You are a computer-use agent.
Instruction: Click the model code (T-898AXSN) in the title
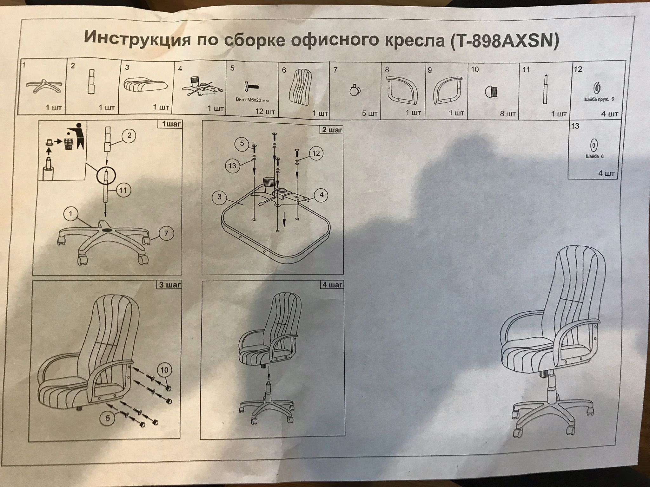(504, 42)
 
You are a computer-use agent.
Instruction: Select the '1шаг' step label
(171, 124)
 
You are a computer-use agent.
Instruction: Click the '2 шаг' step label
(332, 130)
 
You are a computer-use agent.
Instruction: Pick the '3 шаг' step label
(170, 285)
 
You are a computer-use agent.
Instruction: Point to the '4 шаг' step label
(332, 285)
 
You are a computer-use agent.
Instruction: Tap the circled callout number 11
(123, 191)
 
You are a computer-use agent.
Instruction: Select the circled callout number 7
(166, 234)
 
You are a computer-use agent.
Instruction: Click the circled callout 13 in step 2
(232, 166)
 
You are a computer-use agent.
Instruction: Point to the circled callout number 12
(316, 153)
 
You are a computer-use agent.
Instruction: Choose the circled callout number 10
(164, 370)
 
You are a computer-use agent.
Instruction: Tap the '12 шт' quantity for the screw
(265, 112)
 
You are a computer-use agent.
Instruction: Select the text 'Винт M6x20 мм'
(252, 100)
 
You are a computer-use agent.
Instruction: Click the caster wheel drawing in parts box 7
(355, 91)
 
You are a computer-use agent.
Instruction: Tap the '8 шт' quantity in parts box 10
(508, 114)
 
